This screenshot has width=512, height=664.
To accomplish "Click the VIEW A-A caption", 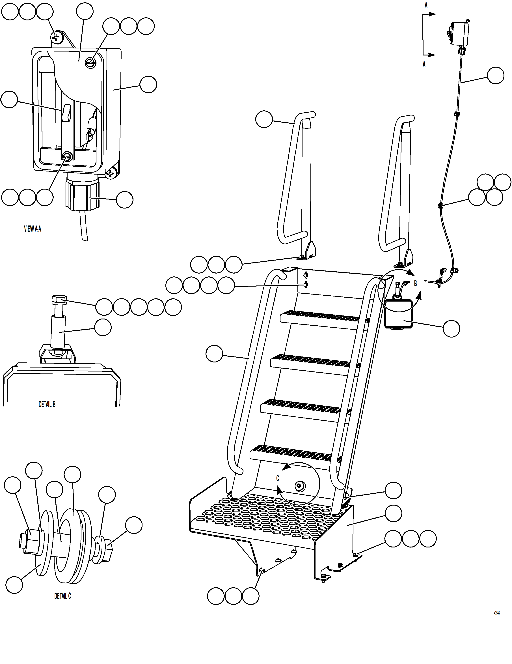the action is pos(33,229).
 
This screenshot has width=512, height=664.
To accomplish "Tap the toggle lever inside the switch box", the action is pos(66,113).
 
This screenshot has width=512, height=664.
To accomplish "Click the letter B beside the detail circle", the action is pos(415,283).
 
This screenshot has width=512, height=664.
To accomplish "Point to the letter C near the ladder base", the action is pos(277,478).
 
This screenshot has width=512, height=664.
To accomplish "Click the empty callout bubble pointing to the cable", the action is pos(495,75).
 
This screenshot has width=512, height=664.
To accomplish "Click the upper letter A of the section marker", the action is pos(426,5).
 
